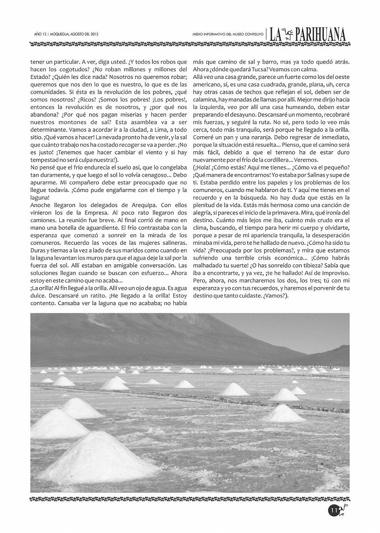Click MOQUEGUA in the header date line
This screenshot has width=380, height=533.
(x=59, y=34)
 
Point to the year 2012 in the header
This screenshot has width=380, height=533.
(x=93, y=34)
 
